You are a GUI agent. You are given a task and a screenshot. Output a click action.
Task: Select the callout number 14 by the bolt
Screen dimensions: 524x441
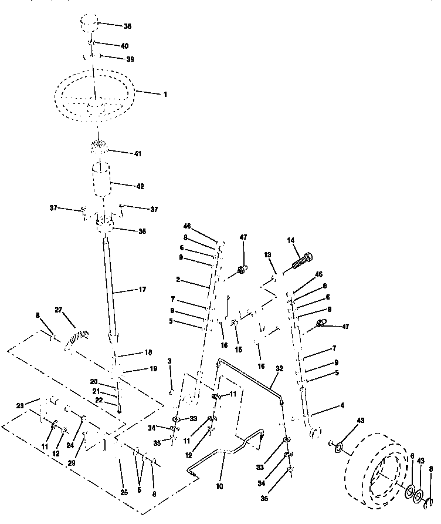pos(291,240)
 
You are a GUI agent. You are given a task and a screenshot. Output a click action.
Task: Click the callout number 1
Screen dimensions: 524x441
pos(165,94)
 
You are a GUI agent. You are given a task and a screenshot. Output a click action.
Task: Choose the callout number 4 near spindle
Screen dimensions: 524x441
pos(342,405)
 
